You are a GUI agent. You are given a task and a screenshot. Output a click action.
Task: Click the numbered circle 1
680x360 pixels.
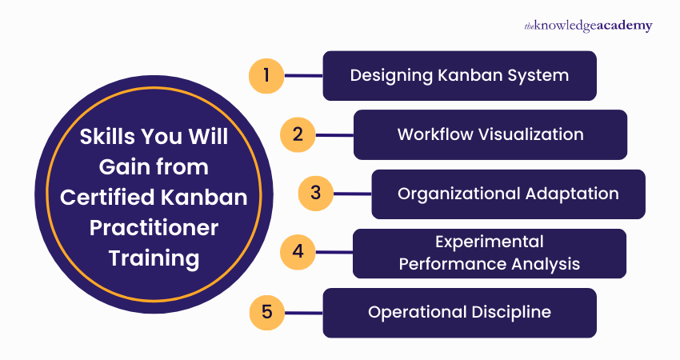[x=266, y=76]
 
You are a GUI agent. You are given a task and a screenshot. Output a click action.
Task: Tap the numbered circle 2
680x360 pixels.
[x=298, y=134]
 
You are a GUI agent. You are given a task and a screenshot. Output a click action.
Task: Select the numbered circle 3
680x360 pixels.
[x=315, y=193]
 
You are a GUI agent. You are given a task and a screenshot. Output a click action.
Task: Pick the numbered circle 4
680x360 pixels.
[x=298, y=252]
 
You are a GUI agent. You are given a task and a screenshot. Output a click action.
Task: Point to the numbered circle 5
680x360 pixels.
[x=266, y=311]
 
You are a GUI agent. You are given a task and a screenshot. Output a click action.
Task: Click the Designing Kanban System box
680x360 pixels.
[x=459, y=76]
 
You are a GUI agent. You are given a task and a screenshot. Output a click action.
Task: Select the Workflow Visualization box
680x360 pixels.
[x=490, y=134]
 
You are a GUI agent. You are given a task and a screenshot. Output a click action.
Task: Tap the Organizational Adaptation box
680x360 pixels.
[x=508, y=194]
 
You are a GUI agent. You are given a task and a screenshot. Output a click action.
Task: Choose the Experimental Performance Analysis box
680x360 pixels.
[x=490, y=252]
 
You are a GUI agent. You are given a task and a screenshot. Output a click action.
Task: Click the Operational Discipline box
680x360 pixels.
[x=459, y=312]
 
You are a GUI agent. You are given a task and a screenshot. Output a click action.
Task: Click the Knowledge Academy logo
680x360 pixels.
[x=588, y=26]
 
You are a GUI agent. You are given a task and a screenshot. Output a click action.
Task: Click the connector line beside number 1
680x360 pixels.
[x=303, y=76]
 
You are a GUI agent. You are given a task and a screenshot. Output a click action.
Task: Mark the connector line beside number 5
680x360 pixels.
[x=303, y=311]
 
